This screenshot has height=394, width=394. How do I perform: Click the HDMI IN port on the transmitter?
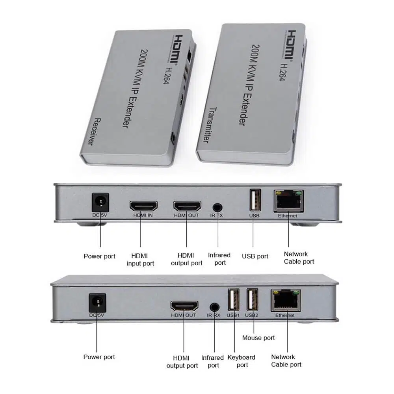coord(143,206)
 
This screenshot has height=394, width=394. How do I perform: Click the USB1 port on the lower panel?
coord(232,301)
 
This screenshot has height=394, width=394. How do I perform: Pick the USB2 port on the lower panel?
coord(252,301)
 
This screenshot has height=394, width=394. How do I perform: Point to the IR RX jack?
coord(214,307)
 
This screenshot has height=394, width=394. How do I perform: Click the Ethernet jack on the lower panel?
coord(286,301)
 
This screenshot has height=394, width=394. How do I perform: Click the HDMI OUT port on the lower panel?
coord(184,307)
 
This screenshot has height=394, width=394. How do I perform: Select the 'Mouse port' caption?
coord(258,338)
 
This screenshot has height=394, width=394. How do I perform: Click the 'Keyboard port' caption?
coord(242,361)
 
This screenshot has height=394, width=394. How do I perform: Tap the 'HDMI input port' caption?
coord(140,259)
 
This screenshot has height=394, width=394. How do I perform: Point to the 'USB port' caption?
coord(255,256)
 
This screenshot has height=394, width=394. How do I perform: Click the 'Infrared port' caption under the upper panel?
coord(219,259)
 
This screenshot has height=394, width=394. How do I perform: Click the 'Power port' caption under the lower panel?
coord(99,357)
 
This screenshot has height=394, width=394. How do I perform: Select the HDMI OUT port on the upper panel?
coord(187,206)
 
